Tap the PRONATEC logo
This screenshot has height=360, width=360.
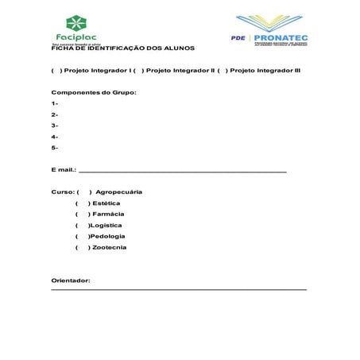pyautogui.click(x=270, y=31)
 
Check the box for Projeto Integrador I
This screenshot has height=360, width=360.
pyautogui.click(x=56, y=70)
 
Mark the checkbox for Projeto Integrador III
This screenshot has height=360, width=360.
pyautogui.click(x=222, y=70)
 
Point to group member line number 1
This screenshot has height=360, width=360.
pyautogui.click(x=54, y=103)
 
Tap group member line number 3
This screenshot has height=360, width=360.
pyautogui.click(x=54, y=126)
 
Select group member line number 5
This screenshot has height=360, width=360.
pyautogui.click(x=54, y=148)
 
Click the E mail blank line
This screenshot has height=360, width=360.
pyautogui.click(x=183, y=171)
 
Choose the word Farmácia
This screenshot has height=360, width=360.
pyautogui.click(x=108, y=214)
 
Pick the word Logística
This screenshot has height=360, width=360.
pyautogui.click(x=107, y=225)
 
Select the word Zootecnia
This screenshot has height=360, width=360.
pyautogui.click(x=109, y=247)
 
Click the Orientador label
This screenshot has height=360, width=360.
pyautogui.click(x=71, y=281)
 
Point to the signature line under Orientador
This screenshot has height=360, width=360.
pyautogui.click(x=179, y=289)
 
